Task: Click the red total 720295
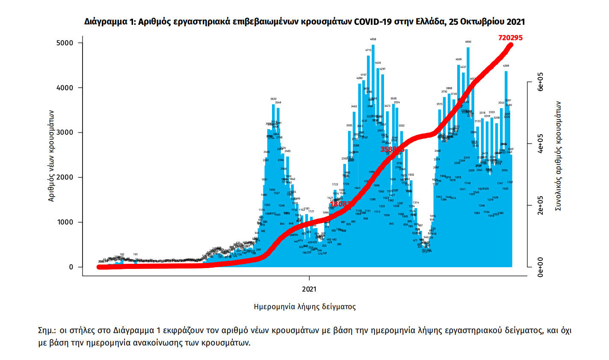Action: [510, 38]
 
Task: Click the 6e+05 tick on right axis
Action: [541, 82]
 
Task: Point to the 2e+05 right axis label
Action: [541, 206]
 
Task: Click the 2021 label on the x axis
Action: [309, 289]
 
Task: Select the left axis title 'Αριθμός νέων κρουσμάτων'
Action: [51, 156]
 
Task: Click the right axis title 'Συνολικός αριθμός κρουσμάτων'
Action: [558, 156]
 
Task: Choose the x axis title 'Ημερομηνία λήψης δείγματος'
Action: [304, 307]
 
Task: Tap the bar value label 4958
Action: [373, 39]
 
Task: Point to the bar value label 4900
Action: [468, 42]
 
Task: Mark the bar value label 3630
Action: [273, 99]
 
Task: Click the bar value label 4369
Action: [506, 66]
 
